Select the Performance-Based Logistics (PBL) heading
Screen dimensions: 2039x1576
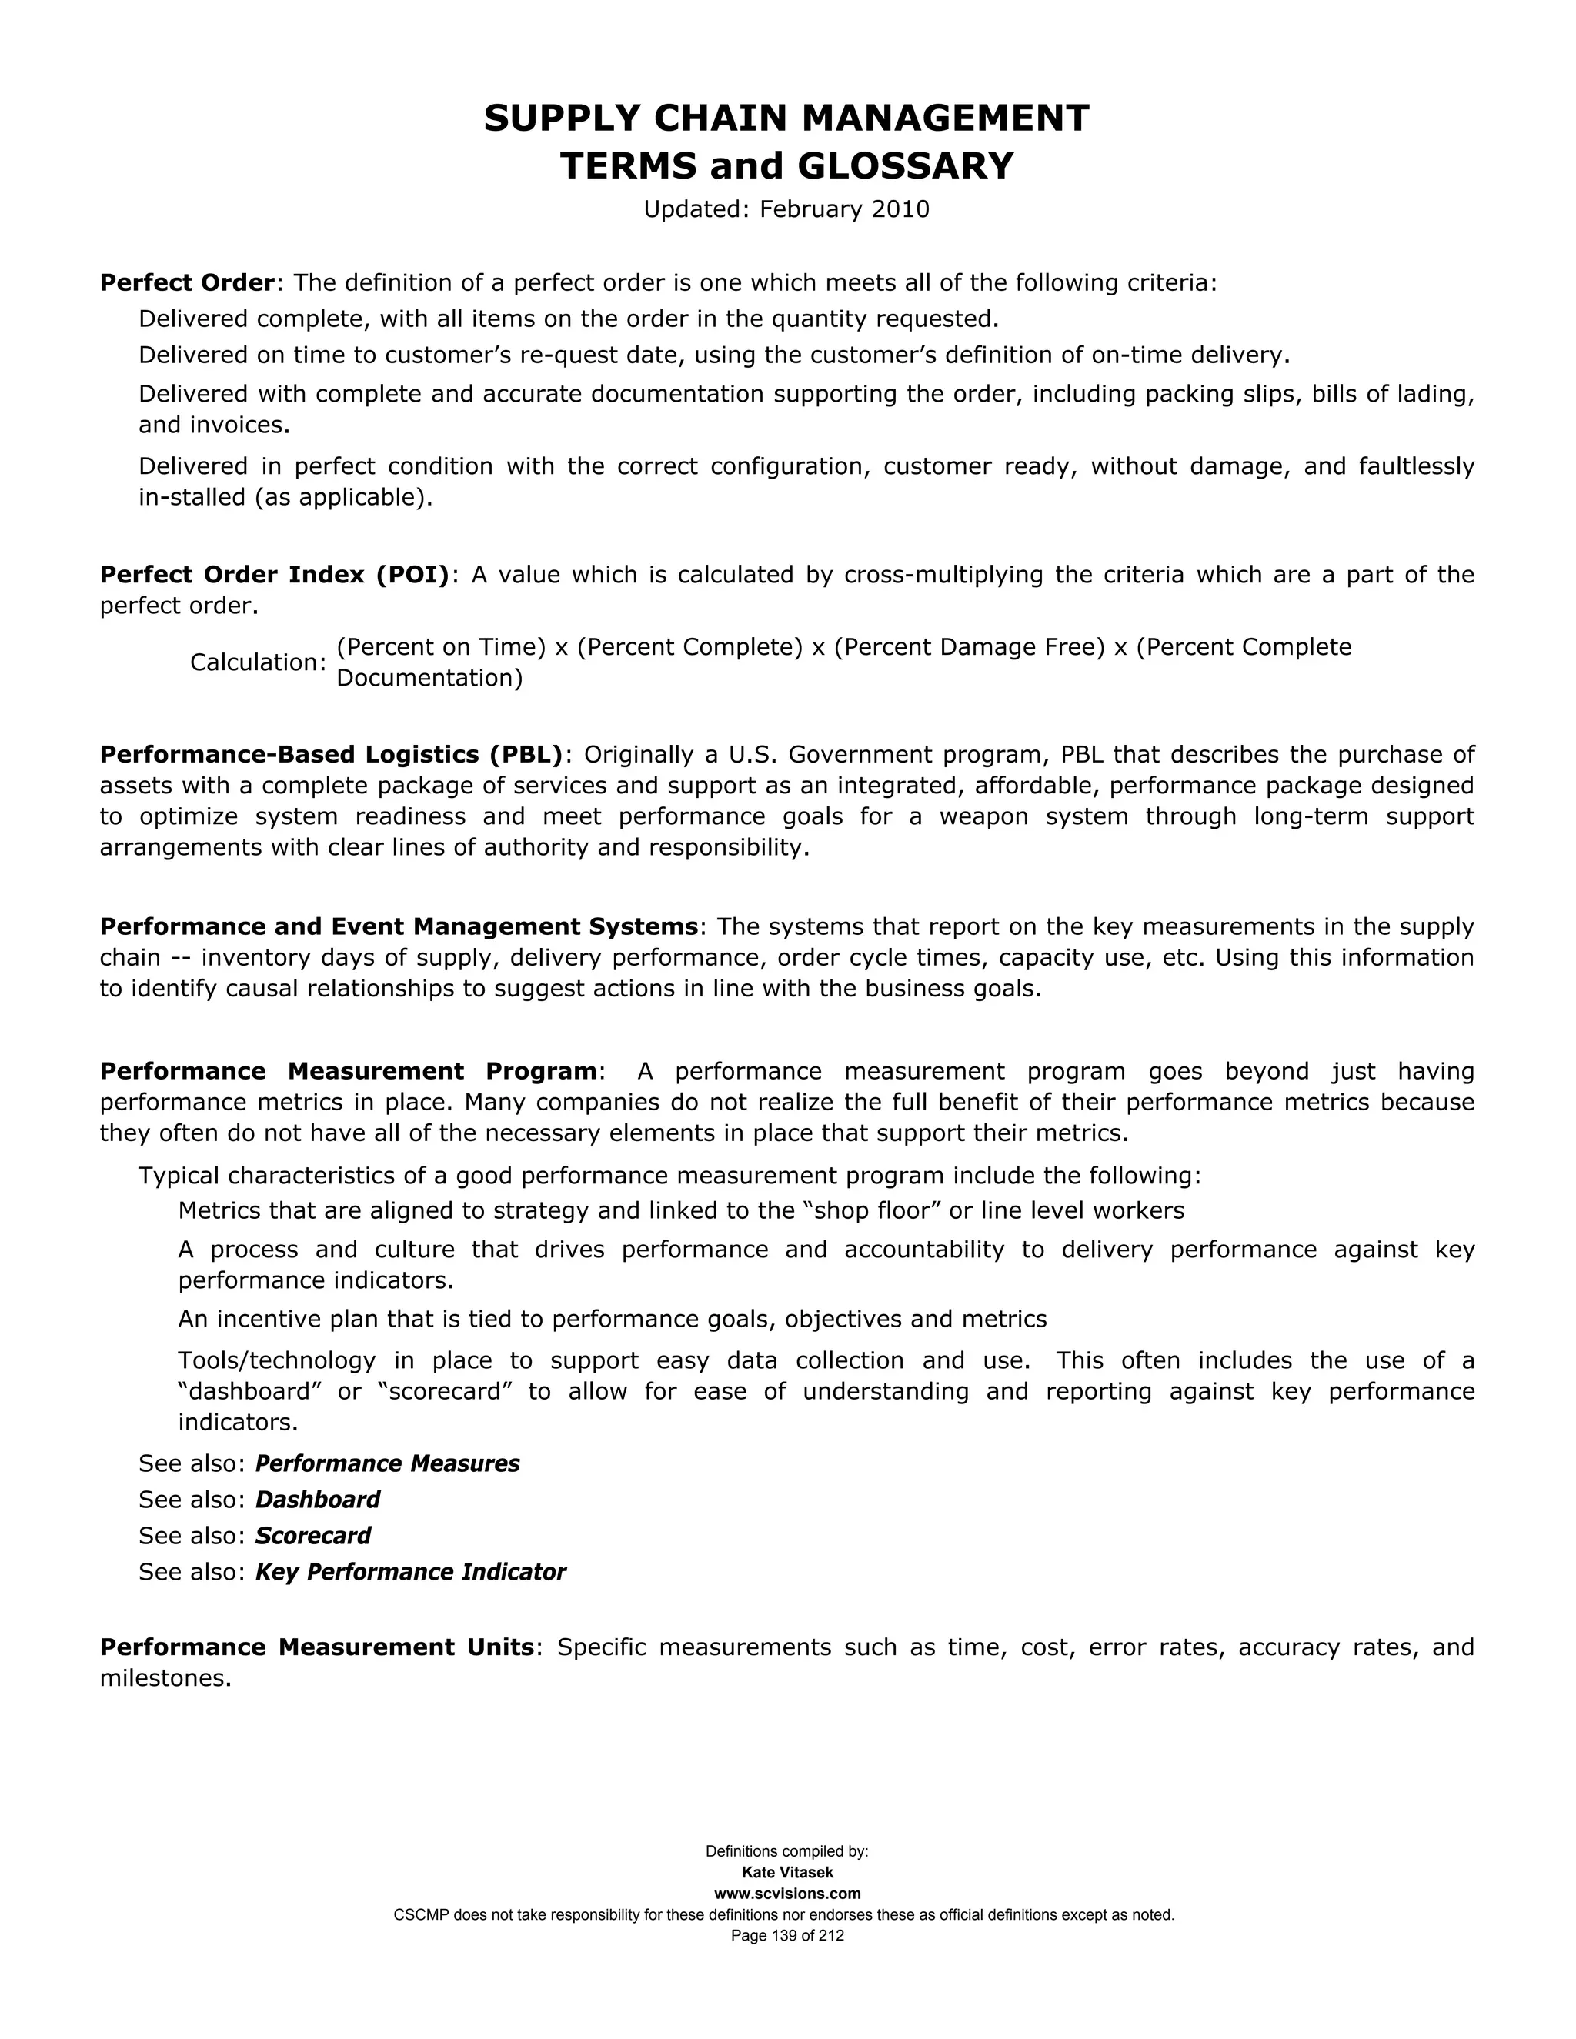click(332, 754)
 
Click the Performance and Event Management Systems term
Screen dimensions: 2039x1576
click(399, 926)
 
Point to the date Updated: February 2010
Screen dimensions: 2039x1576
click(786, 209)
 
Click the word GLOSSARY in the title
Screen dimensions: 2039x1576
click(905, 166)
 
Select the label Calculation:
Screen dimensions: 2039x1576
click(258, 662)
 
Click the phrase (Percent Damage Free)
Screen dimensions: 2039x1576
click(969, 647)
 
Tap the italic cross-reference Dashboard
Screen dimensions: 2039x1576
click(318, 1500)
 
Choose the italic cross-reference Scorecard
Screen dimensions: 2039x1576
click(312, 1536)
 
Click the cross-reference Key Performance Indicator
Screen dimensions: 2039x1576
click(410, 1572)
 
